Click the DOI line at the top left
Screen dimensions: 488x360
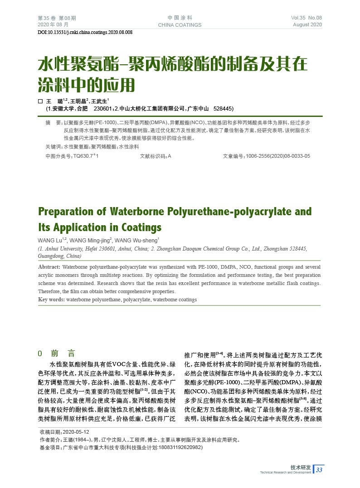tap(85, 32)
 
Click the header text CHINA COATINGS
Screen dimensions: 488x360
tap(180, 25)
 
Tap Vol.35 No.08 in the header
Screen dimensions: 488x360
tap(306, 18)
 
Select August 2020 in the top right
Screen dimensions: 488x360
tap(307, 24)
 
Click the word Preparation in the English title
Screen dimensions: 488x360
tap(66, 212)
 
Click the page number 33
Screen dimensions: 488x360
tap(319, 470)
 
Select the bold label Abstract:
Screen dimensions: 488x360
tap(49, 267)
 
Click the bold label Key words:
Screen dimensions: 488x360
tap(51, 300)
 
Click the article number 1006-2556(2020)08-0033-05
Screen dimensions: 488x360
tap(277, 156)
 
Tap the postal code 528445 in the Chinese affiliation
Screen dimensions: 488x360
tap(222, 109)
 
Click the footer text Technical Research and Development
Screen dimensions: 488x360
tap(285, 473)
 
